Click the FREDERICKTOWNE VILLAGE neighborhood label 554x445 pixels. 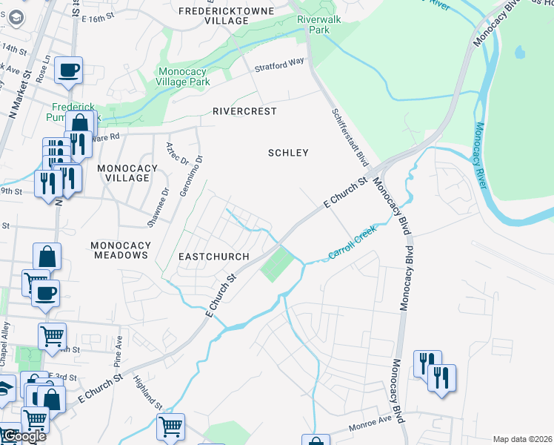tap(226, 16)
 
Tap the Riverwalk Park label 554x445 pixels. tap(318, 25)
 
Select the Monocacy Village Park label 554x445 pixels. tap(184, 77)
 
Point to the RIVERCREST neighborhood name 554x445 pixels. tap(244, 111)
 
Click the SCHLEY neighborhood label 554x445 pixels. tap(287, 153)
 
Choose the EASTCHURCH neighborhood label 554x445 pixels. tap(213, 256)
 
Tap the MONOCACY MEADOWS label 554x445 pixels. tap(121, 250)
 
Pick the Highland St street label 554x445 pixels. tap(147, 392)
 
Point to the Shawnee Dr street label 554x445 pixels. tap(165, 200)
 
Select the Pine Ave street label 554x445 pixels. tap(118, 347)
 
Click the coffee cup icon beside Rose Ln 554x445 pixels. tap(69, 71)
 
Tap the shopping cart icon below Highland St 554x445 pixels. tap(171, 427)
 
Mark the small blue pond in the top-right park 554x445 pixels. tap(519, 53)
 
